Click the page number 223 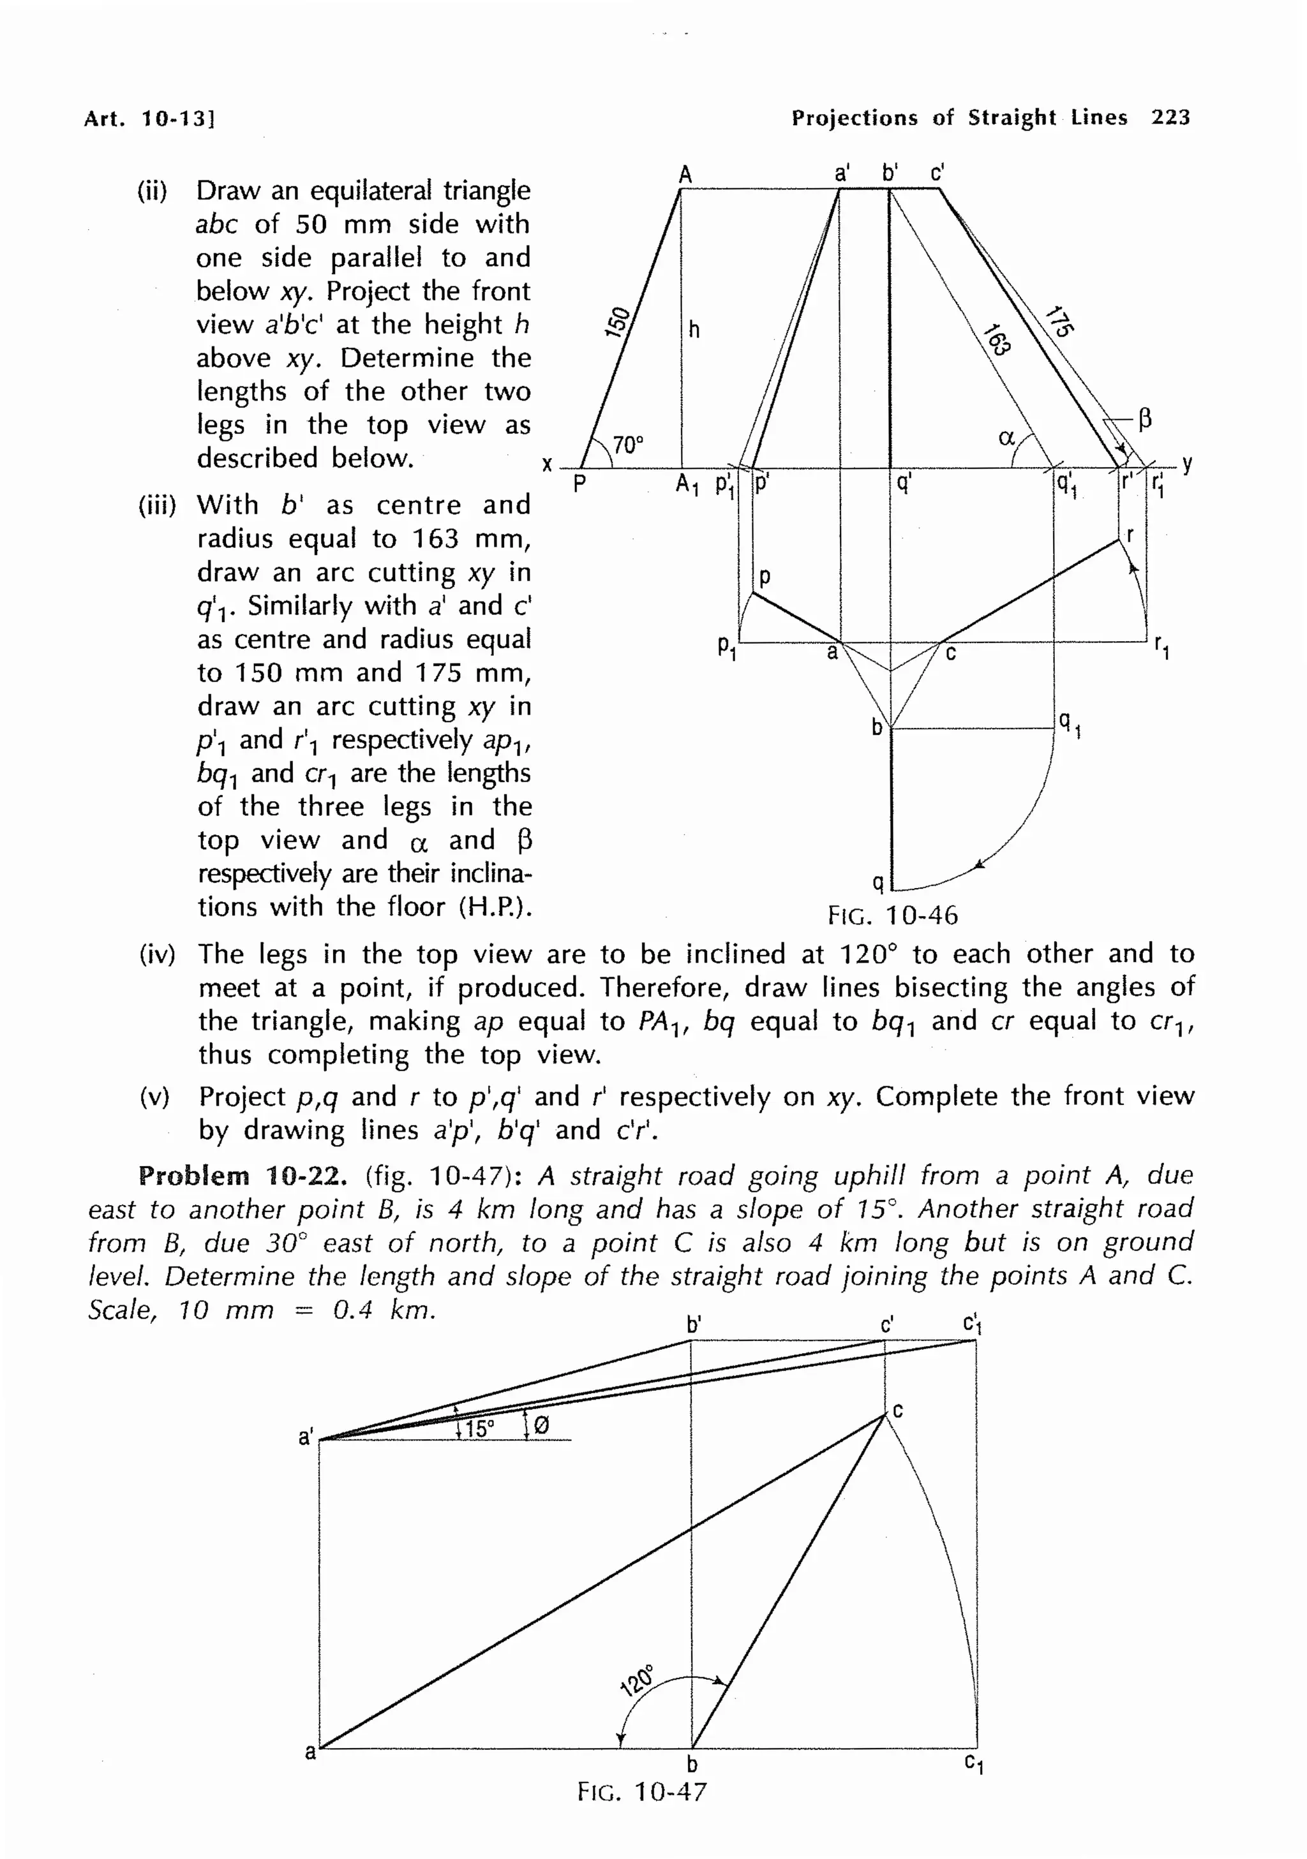pyautogui.click(x=1170, y=117)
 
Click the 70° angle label pyautogui.click(x=627, y=445)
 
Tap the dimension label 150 pyautogui.click(x=618, y=322)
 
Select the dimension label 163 pyautogui.click(x=997, y=339)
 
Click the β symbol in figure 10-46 pyautogui.click(x=1145, y=418)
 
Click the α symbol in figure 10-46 pyautogui.click(x=1006, y=438)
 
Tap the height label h pyautogui.click(x=694, y=330)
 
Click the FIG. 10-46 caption pyautogui.click(x=892, y=915)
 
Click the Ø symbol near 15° pyautogui.click(x=542, y=1426)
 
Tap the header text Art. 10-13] pyautogui.click(x=149, y=119)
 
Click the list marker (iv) pyautogui.click(x=157, y=954)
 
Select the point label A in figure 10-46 pyautogui.click(x=685, y=174)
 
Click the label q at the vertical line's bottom pyautogui.click(x=877, y=881)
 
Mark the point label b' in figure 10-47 pyautogui.click(x=693, y=1326)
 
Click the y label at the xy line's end pyautogui.click(x=1187, y=463)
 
